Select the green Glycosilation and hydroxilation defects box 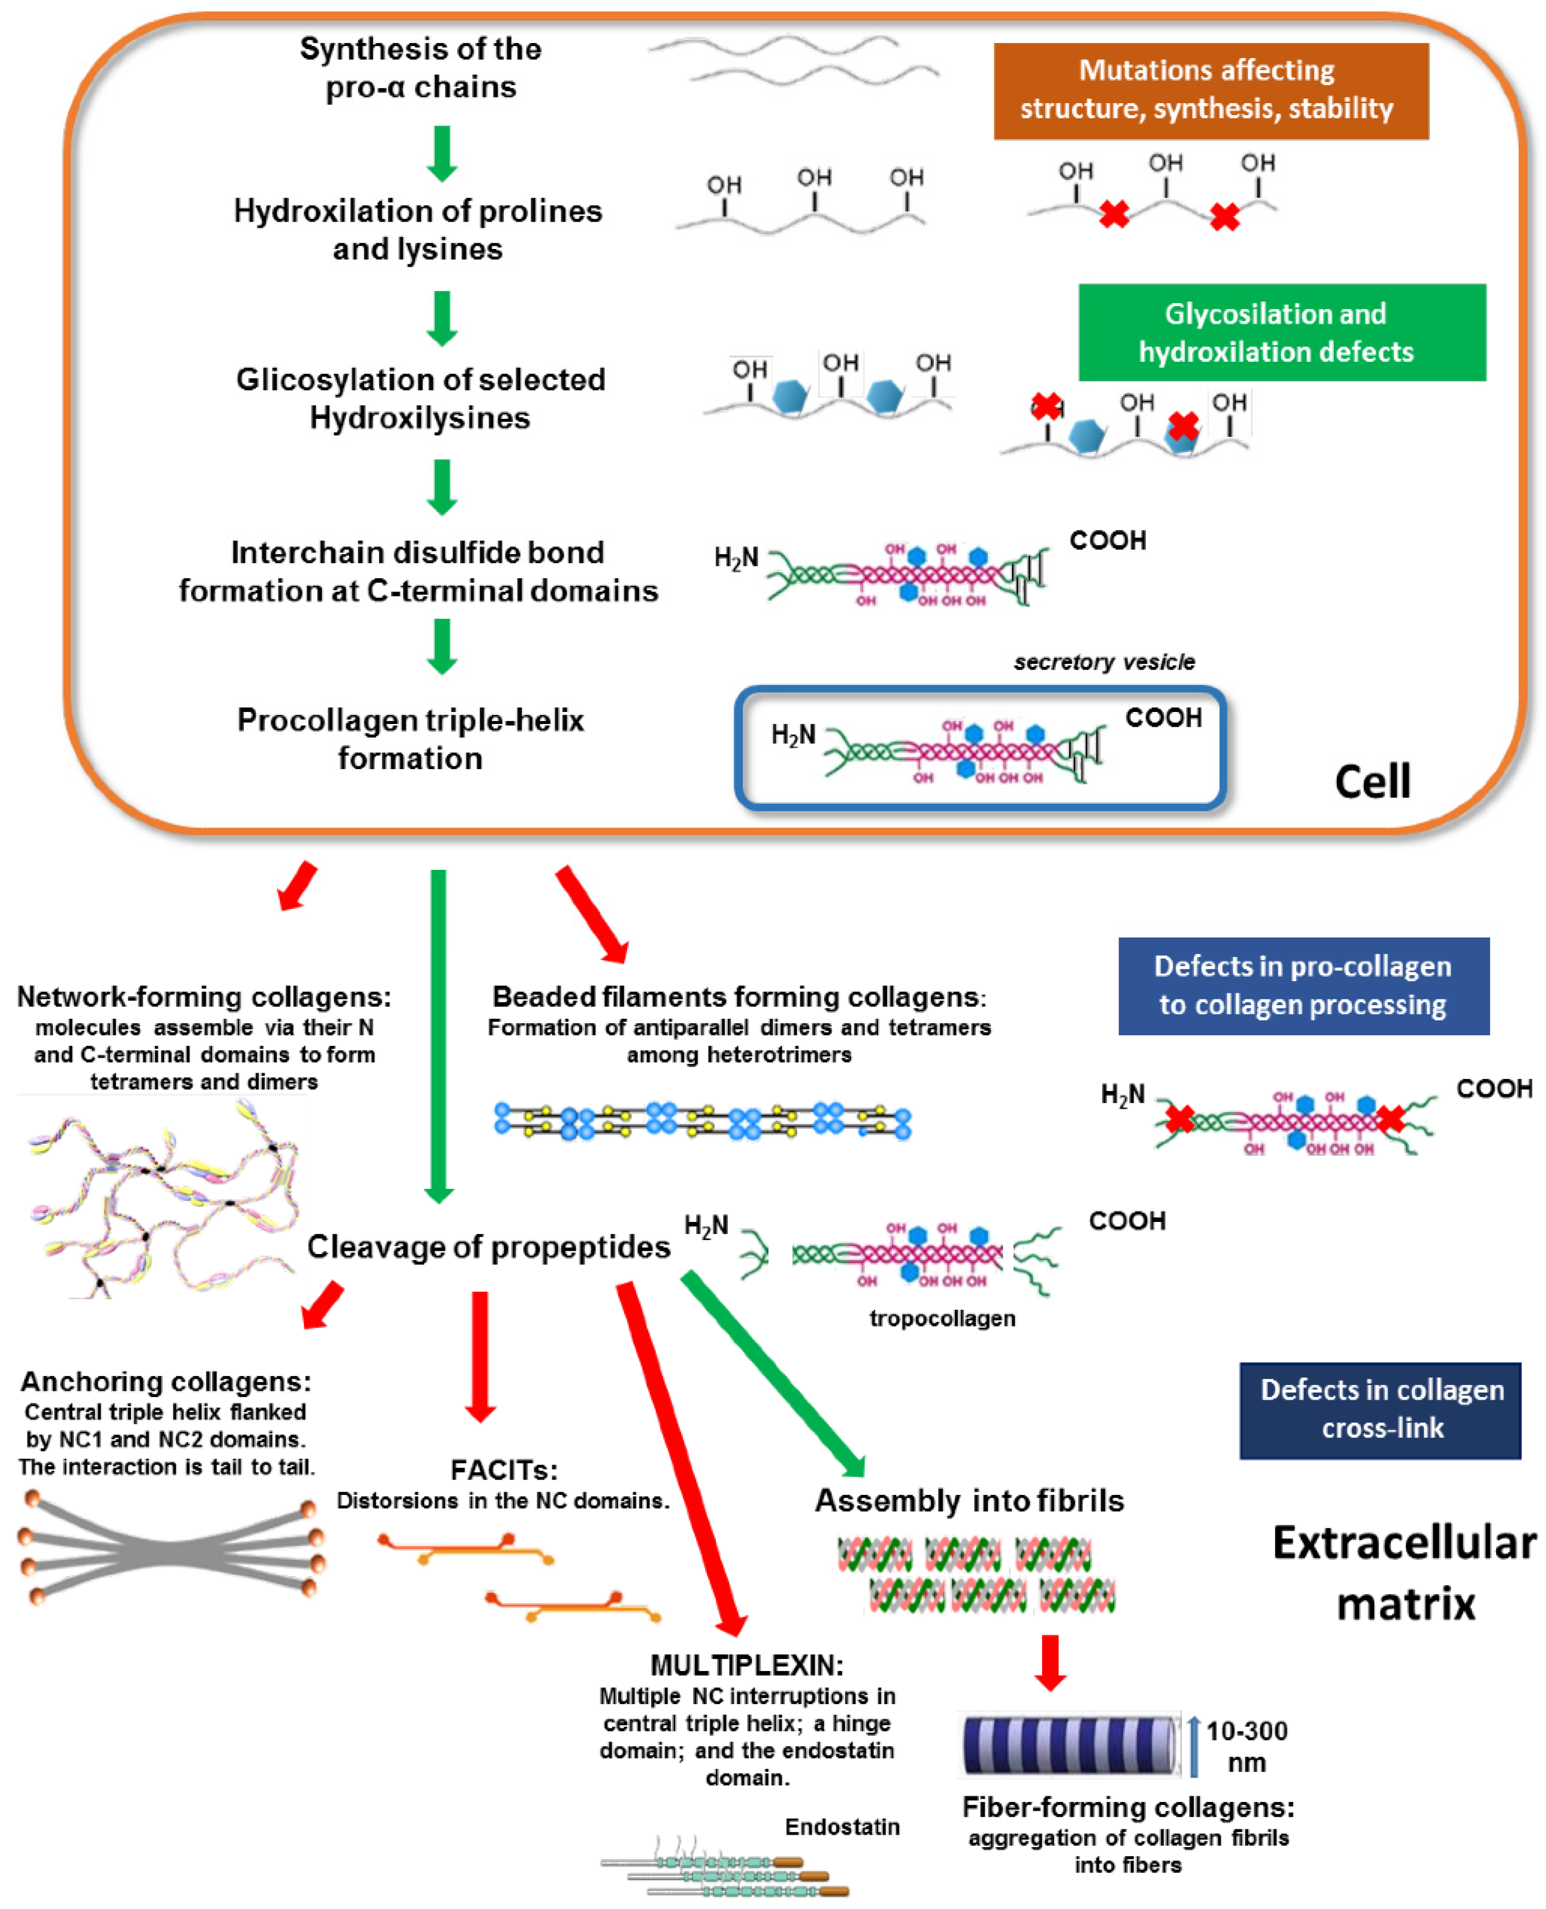1282,332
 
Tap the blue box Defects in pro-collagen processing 1303,985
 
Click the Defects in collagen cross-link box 1380,1410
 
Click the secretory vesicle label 1104,662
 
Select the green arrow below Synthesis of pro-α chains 442,153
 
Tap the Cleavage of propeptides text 488,1246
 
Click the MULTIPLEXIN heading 746,1665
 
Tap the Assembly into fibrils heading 969,1500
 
